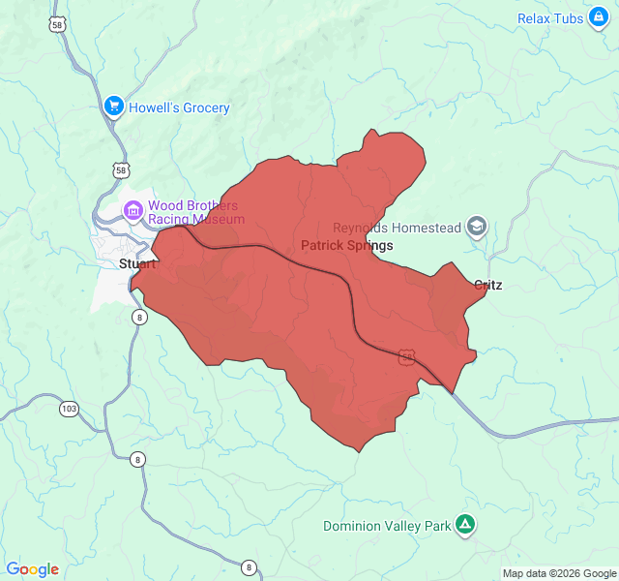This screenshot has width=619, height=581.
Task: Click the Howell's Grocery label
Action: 179,107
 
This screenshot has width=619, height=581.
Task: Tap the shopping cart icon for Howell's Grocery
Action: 113,106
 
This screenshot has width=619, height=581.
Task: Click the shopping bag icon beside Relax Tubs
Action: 598,18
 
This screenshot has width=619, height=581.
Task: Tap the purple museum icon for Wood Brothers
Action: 133,210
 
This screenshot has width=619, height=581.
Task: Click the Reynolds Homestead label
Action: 398,228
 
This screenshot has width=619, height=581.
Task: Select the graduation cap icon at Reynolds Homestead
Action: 476,228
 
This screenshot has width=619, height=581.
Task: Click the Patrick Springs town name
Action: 347,246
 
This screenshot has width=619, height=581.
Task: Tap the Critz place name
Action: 488,285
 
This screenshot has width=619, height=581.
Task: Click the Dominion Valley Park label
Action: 387,526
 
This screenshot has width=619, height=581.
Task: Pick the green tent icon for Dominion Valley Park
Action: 465,526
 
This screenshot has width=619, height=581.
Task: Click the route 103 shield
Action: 69,409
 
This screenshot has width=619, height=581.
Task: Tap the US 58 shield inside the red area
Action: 407,357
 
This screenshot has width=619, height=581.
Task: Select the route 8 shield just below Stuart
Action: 140,318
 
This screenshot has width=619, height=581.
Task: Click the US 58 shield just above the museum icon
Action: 120,169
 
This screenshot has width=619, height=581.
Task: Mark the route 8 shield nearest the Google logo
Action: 250,567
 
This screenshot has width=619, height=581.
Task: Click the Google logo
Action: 32,569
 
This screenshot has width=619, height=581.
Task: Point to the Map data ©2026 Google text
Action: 559,573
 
